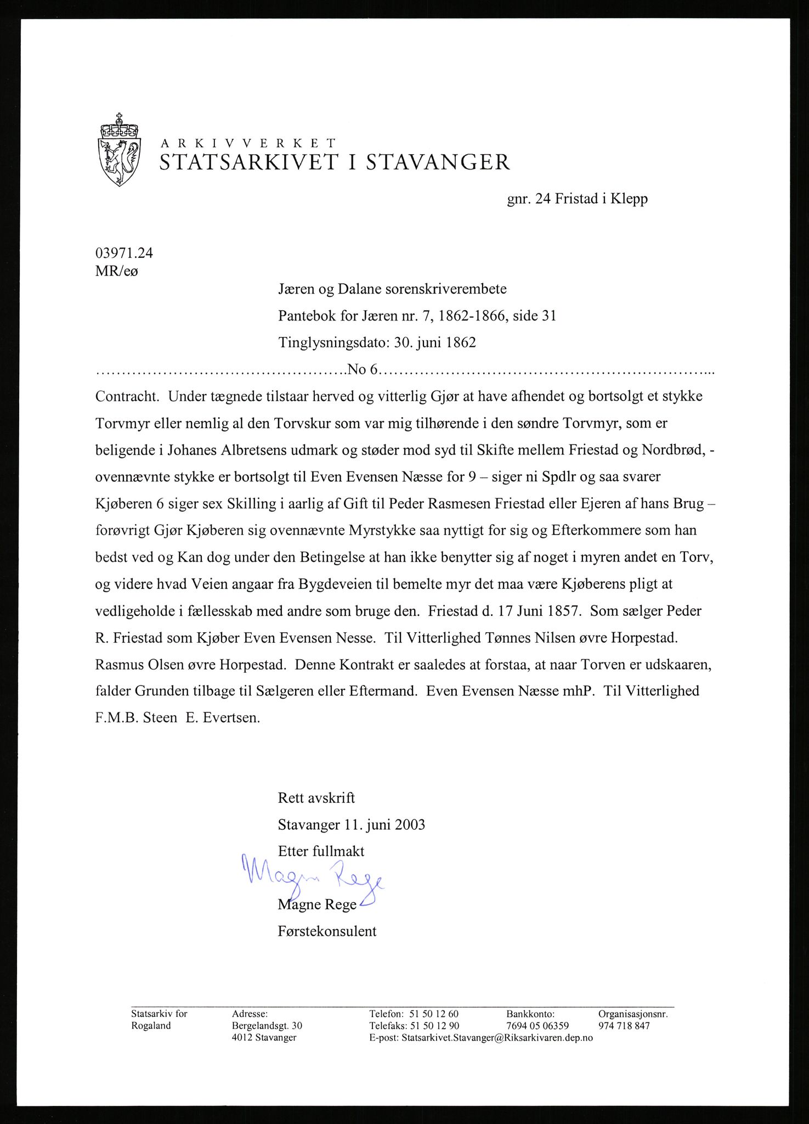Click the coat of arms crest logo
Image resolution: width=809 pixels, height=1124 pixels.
pos(119,149)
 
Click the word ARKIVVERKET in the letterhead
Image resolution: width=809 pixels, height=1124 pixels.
pos(247,143)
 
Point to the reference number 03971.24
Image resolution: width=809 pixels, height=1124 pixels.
pos(124,253)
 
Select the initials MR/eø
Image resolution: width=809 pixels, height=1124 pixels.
pos(117,271)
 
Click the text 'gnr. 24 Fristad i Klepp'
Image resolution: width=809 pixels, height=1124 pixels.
pos(577,199)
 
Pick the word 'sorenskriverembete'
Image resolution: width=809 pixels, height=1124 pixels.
pos(445,289)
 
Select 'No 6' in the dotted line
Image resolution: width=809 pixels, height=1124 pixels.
pos(363,369)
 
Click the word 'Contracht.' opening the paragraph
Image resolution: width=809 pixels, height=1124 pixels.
pos(127,396)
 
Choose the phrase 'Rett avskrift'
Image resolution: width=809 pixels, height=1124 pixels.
pos(316,797)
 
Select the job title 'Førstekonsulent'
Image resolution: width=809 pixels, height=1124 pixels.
pos(327,931)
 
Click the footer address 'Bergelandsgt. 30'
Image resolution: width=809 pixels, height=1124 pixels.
pos(267,1026)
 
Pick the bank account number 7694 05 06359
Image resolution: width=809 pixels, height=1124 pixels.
pos(538,1026)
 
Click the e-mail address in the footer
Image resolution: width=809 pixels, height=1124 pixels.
pos(497,1038)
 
